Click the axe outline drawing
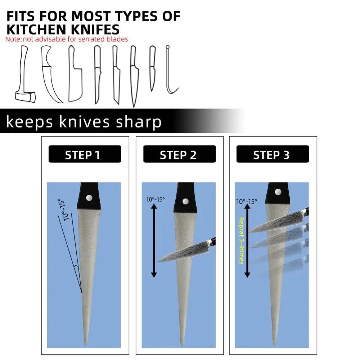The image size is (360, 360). (x=25, y=74)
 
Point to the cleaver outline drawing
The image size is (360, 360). (x=75, y=73)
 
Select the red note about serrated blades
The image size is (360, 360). (x=67, y=39)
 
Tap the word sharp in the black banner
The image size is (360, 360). (x=139, y=122)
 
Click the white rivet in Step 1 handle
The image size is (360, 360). (x=89, y=197)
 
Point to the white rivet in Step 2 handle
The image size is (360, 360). (x=185, y=202)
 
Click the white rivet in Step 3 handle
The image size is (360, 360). (x=278, y=192)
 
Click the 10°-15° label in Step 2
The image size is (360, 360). (x=156, y=199)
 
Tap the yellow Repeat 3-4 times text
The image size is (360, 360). (x=241, y=241)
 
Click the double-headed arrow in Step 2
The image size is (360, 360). (x=154, y=241)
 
